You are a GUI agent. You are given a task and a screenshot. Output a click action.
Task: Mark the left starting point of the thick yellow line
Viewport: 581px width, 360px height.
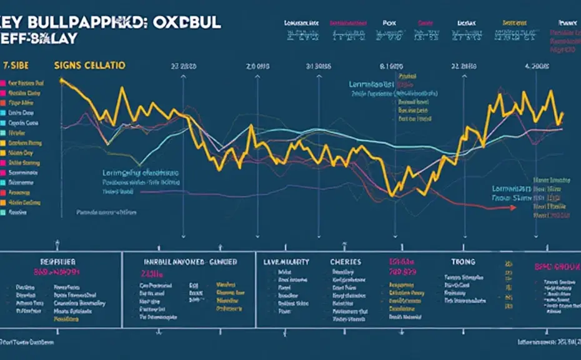tap(61, 80)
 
